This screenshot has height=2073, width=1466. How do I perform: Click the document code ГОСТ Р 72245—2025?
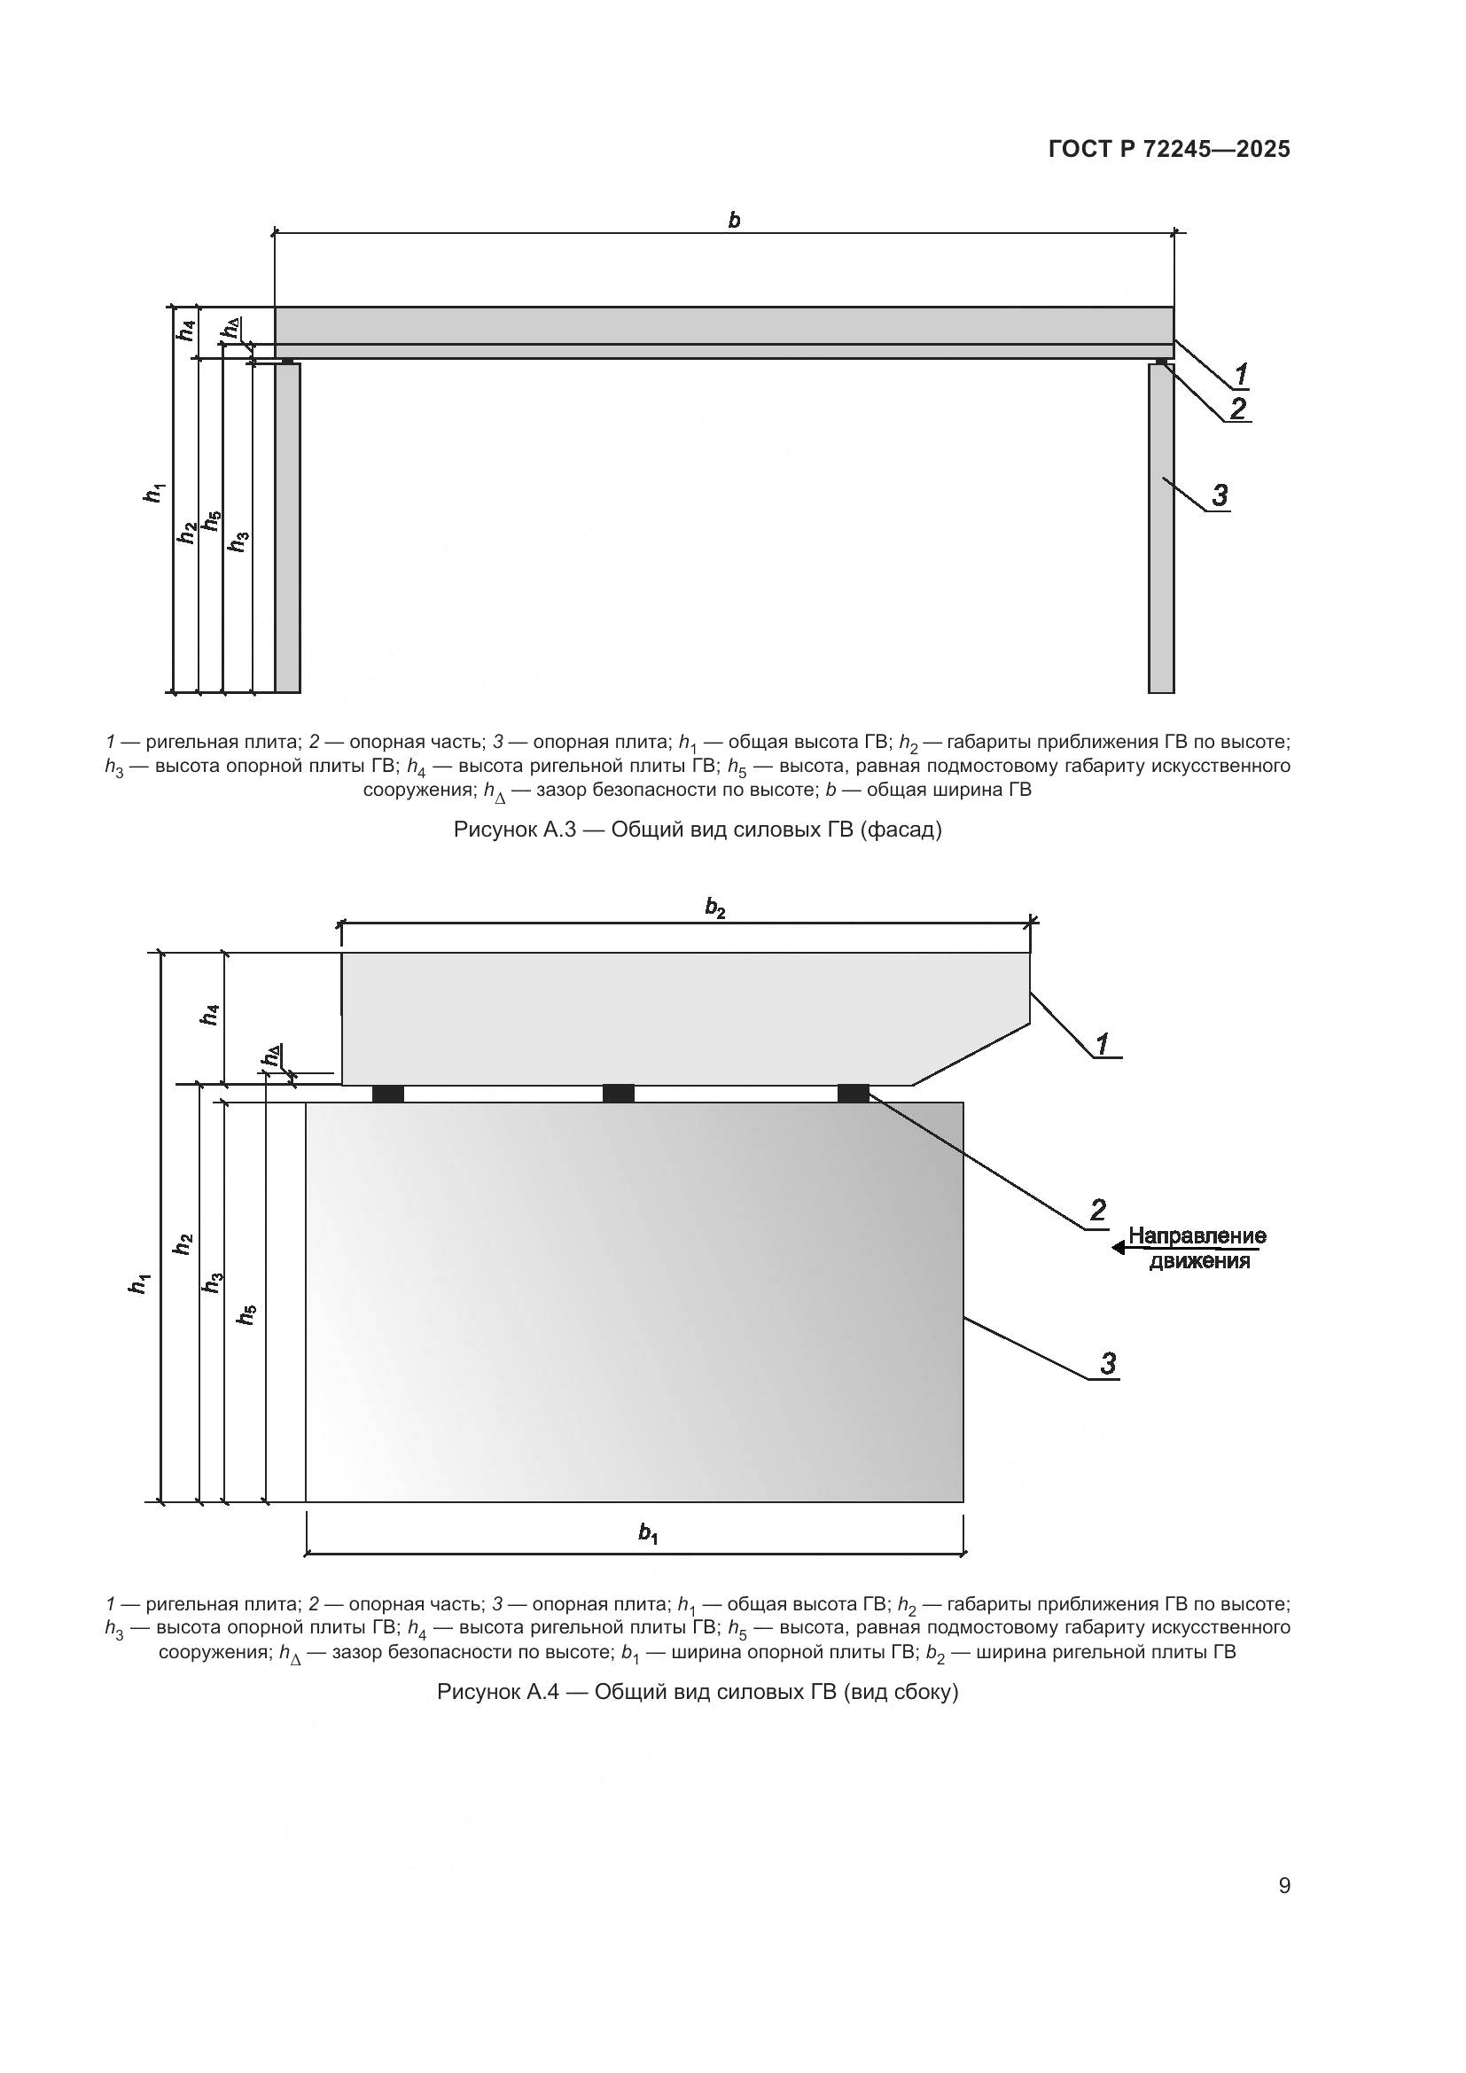pos(1169,149)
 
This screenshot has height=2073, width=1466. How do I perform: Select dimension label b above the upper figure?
pos(734,220)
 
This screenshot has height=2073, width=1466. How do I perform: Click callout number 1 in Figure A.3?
pos(1240,373)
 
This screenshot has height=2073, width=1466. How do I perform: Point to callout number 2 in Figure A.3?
pos(1237,408)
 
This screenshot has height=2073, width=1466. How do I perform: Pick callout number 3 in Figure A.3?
pos(1220,495)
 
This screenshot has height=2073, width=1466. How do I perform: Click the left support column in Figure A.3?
pos(288,528)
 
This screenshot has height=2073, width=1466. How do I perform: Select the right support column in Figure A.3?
pos(1161,528)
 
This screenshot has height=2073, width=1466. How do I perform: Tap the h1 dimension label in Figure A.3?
pos(155,493)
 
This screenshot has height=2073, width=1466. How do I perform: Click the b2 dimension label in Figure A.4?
pos(715,908)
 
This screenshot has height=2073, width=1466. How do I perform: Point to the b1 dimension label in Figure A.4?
pos(648,1532)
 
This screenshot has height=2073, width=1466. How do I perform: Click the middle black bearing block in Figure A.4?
pos(619,1094)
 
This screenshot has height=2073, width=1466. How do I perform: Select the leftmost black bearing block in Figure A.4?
pos(388,1094)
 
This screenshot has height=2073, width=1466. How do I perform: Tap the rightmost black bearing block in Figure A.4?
pos(853,1094)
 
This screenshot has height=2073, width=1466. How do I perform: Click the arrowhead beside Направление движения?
pos(1119,1248)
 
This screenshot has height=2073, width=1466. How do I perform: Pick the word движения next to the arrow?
pos(1199,1260)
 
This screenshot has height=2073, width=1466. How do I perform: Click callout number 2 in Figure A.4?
pos(1097,1210)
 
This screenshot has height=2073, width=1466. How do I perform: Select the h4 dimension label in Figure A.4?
pos(210,1015)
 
